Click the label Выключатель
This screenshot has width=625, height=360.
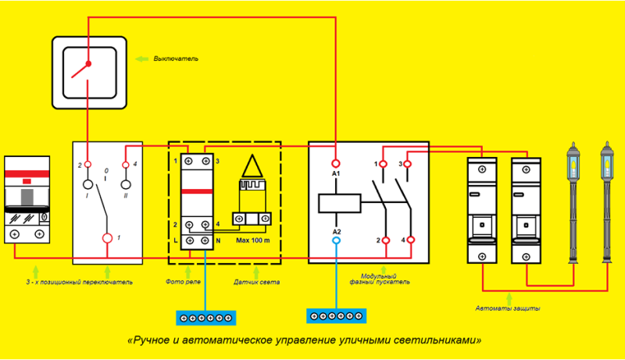[176, 59]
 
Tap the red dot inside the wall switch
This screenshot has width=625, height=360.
[88, 64]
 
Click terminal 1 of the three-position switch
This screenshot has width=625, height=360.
[107, 238]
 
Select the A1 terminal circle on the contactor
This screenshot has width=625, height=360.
[336, 163]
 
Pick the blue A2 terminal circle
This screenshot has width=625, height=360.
[337, 241]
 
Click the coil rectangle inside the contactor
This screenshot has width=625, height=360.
[340, 203]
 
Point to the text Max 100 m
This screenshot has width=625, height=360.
[252, 241]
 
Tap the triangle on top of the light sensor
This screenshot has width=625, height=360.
[252, 166]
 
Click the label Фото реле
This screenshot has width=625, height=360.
[183, 282]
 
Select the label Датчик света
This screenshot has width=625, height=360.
[256, 282]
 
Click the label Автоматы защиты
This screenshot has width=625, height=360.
[508, 308]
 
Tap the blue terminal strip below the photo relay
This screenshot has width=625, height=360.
[206, 318]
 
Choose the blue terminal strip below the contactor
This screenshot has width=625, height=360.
[337, 316]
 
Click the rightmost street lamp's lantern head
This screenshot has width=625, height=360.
[607, 159]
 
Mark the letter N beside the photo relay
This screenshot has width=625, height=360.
[218, 241]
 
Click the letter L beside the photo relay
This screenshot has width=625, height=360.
[175, 241]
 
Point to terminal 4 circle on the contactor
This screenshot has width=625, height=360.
[411, 240]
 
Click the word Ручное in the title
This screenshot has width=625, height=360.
[152, 340]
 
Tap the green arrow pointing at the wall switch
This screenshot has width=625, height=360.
[141, 59]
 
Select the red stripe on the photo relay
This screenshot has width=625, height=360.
[197, 191]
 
